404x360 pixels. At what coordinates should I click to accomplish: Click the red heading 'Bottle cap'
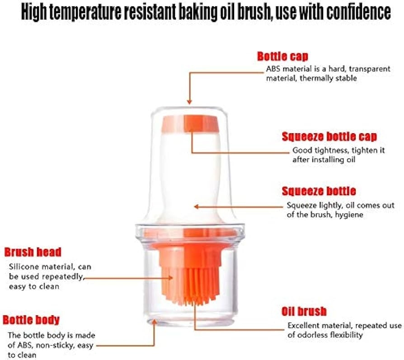coord(282,56)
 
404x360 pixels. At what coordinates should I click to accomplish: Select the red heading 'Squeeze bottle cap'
coord(329,136)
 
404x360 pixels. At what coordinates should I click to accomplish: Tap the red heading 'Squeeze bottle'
coord(319,191)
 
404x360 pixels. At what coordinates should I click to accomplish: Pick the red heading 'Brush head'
coord(33,252)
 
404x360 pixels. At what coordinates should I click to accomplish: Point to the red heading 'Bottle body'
coord(31,320)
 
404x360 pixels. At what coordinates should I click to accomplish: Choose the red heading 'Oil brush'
coord(304,311)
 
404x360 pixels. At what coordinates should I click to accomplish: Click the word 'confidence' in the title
coord(359,12)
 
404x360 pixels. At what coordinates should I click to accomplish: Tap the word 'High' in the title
coord(34,12)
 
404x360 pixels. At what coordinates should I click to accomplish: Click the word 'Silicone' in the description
coord(23,266)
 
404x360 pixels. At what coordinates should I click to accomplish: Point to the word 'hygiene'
coord(349,215)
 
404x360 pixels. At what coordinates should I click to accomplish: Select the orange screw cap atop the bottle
coord(190,124)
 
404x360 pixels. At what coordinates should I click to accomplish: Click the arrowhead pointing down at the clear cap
coord(189,102)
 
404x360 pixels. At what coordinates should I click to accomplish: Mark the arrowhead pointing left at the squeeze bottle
coord(197,206)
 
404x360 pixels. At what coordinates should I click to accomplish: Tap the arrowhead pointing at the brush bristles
coord(170,278)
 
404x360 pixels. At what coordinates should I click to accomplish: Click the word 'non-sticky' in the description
coord(52,346)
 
